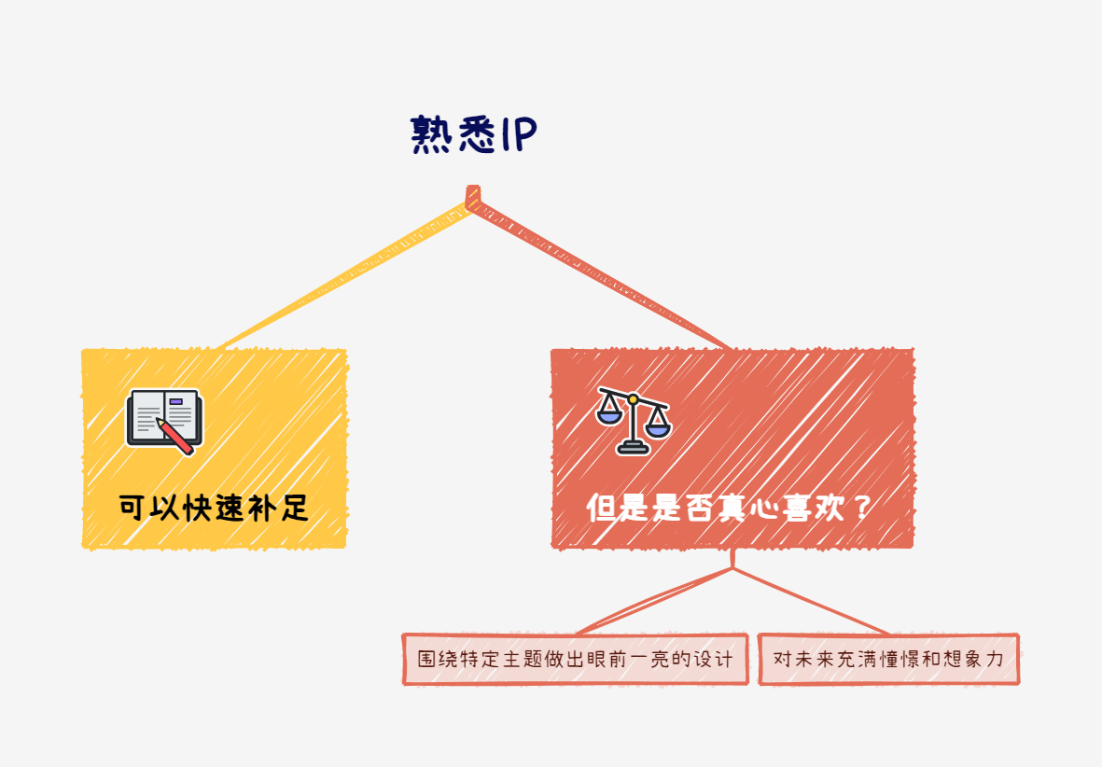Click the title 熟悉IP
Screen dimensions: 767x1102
[473, 136]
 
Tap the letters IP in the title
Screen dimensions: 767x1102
[516, 136]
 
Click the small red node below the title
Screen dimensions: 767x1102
[473, 196]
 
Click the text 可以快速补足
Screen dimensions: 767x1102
[214, 509]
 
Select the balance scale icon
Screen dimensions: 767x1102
[634, 419]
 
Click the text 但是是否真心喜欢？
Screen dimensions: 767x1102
[730, 509]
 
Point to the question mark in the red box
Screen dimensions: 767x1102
[862, 509]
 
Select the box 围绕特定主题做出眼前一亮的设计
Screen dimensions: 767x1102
[576, 659]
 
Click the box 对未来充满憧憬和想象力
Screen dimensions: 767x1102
[888, 659]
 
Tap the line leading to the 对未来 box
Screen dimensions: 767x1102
[812, 603]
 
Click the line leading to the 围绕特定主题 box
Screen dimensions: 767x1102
[653, 603]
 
